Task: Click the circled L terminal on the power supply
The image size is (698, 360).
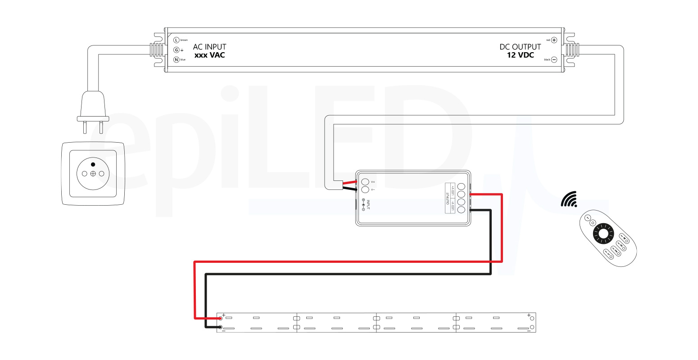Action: click(x=177, y=40)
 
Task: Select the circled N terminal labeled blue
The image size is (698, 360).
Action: click(x=177, y=59)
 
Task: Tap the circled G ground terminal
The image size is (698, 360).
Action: click(x=177, y=49)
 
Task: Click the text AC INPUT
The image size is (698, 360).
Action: click(x=209, y=47)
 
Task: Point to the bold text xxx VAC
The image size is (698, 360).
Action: click(x=209, y=55)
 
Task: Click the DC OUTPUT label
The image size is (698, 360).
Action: click(x=520, y=47)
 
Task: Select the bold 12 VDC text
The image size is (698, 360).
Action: click(x=520, y=55)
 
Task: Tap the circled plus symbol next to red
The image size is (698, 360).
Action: click(x=554, y=40)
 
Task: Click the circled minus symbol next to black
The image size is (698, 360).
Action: click(x=554, y=59)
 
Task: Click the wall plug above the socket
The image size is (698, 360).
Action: click(x=93, y=108)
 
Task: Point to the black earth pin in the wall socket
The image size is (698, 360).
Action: click(x=93, y=165)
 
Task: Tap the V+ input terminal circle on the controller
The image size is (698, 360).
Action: click(x=365, y=182)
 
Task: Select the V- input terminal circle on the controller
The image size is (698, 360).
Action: click(x=365, y=190)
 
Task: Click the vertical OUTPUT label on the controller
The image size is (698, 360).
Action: click(x=448, y=198)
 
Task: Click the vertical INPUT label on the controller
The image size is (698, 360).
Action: click(x=368, y=205)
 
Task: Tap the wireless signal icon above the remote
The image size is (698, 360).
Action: click(x=570, y=199)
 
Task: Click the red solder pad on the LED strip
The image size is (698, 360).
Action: click(x=220, y=319)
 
